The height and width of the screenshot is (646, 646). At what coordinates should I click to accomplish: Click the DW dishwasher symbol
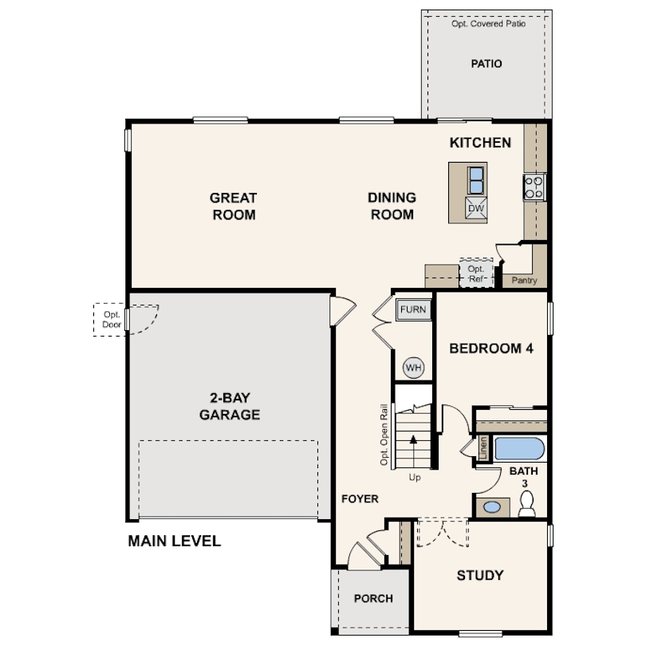pos(476,208)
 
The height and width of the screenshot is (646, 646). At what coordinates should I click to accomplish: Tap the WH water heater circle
pos(413,367)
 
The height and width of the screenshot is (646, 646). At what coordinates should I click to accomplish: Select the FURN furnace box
pos(413,309)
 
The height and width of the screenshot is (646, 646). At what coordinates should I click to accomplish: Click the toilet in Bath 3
pos(526,503)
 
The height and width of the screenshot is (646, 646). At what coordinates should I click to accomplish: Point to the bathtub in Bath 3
pos(519,449)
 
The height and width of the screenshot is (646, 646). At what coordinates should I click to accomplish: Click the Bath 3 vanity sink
pos(492,506)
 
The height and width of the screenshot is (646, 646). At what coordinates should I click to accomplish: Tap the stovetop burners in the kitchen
pos(534,187)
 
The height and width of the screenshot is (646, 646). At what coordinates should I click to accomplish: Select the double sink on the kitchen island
pos(476,180)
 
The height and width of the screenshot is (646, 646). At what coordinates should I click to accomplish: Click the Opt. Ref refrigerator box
pos(476,273)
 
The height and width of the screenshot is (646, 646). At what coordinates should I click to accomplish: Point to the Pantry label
pos(524,280)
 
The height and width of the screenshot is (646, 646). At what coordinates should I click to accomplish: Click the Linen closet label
pos(483,448)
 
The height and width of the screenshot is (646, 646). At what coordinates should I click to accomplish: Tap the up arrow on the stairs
pos(413,451)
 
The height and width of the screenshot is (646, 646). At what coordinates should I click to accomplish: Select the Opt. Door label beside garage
pos(112,319)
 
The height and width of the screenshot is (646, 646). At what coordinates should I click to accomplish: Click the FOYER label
pos(360,499)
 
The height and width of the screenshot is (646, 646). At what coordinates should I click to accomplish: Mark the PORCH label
pos(373,598)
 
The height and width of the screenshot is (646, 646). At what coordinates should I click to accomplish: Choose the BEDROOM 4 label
pos(491,349)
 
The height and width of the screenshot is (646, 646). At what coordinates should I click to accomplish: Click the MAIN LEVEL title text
pos(175,541)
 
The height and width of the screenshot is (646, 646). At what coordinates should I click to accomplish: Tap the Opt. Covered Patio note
pos(488,24)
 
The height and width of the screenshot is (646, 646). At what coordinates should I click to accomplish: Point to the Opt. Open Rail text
pos(384,435)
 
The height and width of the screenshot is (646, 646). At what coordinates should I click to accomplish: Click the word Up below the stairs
pos(415,478)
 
